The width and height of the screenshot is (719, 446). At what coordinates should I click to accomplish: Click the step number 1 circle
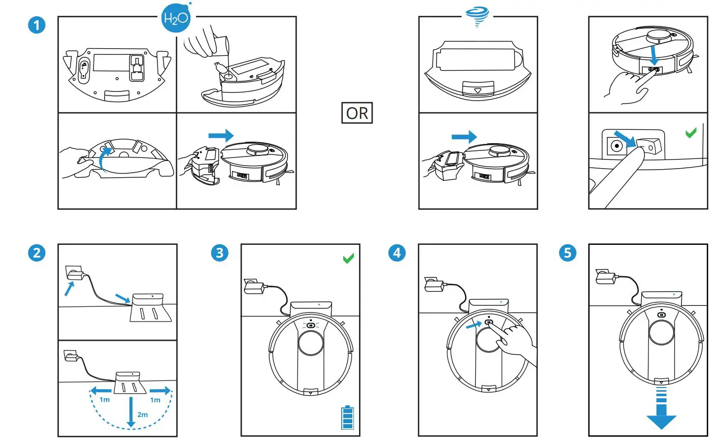coord(37,25)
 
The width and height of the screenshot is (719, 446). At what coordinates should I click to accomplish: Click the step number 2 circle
coord(37,252)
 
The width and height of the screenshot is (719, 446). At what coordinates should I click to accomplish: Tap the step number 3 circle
coord(219,252)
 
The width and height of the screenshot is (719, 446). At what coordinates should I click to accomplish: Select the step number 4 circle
coord(397,252)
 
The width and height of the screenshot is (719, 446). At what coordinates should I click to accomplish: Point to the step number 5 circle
coord(568,252)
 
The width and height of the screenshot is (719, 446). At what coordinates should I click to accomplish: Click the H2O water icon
coord(176,18)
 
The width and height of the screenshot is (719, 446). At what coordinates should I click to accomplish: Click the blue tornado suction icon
coord(477,17)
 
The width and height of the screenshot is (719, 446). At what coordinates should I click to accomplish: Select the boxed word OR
coord(357,113)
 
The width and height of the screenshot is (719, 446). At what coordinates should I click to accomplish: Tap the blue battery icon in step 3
coord(347,418)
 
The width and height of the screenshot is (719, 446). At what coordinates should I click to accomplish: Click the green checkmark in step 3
coord(348,259)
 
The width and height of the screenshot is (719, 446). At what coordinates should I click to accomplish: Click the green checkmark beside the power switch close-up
coord(691,133)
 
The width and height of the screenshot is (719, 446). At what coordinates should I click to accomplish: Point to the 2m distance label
coord(143,415)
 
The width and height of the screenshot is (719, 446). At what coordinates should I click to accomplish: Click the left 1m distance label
coord(105,400)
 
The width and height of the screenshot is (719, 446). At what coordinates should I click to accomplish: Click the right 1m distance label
coord(155,400)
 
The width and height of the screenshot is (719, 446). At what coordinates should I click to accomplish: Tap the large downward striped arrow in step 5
coord(661,409)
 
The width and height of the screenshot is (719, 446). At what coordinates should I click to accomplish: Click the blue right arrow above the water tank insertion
coord(221,136)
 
